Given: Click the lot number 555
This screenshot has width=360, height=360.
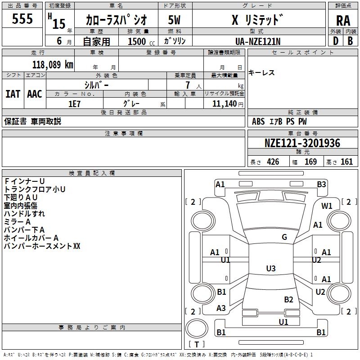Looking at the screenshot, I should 22,19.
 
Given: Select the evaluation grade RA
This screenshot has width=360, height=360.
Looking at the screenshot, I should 343,20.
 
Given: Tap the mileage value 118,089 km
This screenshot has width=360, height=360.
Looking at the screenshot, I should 53,64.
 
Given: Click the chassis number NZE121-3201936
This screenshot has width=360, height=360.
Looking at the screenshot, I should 302,143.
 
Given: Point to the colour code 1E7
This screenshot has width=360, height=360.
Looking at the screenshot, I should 75,103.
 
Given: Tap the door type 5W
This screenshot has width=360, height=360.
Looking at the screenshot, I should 174,20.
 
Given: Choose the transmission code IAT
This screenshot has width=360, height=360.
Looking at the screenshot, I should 13,94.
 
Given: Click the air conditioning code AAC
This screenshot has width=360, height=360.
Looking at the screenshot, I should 34,94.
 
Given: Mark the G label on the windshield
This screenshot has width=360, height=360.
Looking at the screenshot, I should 284,237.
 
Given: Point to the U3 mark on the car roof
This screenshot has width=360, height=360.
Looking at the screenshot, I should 270,269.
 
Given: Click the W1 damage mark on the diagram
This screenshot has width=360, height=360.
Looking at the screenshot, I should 327,206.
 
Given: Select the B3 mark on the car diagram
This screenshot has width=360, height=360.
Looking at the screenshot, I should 321,184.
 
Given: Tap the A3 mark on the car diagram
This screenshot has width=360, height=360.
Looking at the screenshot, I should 221,308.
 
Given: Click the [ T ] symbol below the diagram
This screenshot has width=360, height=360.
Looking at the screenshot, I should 197,344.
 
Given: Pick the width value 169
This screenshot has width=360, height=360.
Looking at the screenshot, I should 310,162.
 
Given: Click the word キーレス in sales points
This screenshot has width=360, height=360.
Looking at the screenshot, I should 261,73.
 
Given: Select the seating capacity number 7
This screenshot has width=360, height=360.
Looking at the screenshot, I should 187,85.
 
